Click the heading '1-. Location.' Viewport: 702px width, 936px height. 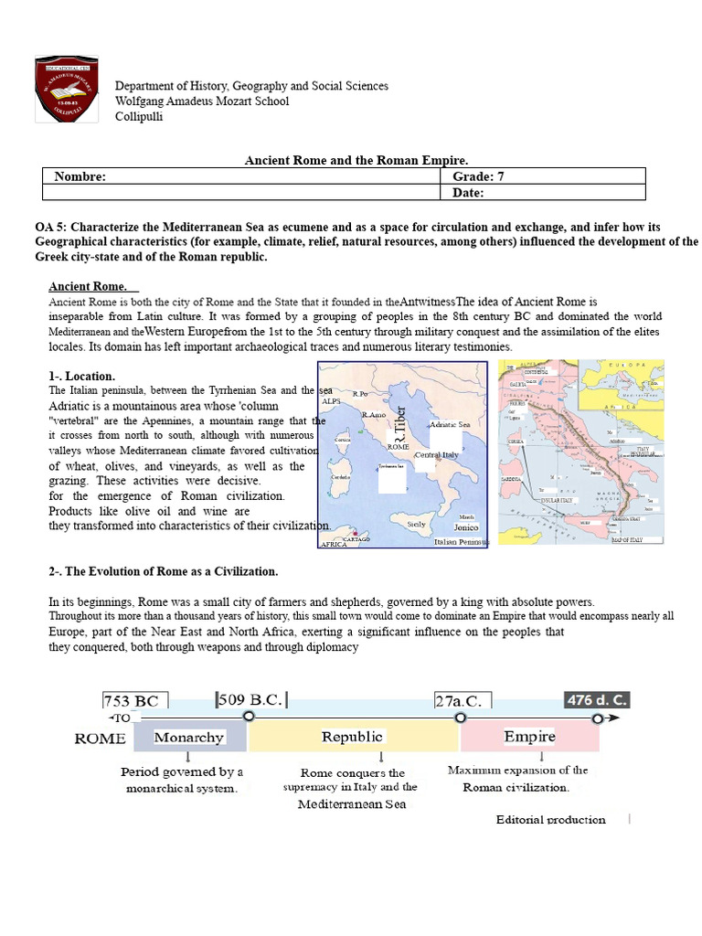[x=82, y=376]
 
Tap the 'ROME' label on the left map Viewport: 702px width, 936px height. [x=398, y=446]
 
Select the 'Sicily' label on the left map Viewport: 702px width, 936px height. [x=416, y=524]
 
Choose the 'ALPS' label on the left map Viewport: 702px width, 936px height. [x=331, y=400]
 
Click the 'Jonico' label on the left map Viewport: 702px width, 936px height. [x=466, y=527]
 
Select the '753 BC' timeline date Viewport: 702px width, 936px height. [x=135, y=701]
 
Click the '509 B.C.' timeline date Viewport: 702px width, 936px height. [x=250, y=700]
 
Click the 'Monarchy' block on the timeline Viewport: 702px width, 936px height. [x=189, y=737]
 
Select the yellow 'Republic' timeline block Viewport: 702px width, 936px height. [x=352, y=737]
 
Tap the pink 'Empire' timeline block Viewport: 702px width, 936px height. [x=529, y=736]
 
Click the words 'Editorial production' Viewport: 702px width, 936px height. [x=550, y=819]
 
